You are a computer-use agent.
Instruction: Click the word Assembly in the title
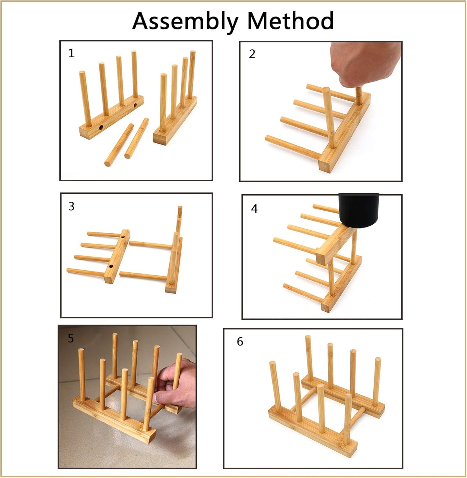(x=186, y=22)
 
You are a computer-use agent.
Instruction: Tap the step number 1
(x=71, y=53)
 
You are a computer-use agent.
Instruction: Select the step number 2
(x=252, y=54)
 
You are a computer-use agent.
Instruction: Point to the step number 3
(x=71, y=206)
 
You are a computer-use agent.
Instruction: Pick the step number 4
(x=254, y=208)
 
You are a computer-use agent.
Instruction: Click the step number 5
(x=71, y=338)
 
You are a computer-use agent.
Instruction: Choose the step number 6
(x=240, y=341)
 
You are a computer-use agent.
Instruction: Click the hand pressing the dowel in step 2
(x=365, y=64)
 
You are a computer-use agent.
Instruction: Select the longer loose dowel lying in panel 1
(x=119, y=145)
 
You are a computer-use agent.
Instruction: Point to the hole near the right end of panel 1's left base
(x=135, y=105)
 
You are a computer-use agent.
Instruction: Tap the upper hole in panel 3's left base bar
(x=123, y=238)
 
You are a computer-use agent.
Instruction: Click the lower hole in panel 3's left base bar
(x=111, y=266)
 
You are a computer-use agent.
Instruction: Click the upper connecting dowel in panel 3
(x=151, y=244)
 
